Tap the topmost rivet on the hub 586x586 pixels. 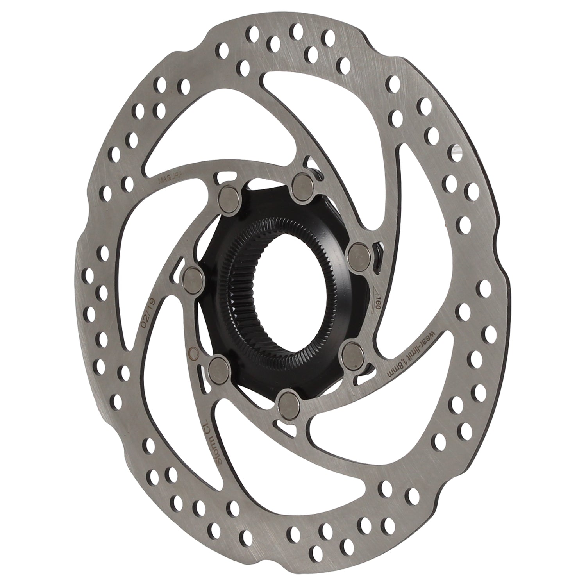(302, 182)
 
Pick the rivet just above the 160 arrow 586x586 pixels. (358, 253)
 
